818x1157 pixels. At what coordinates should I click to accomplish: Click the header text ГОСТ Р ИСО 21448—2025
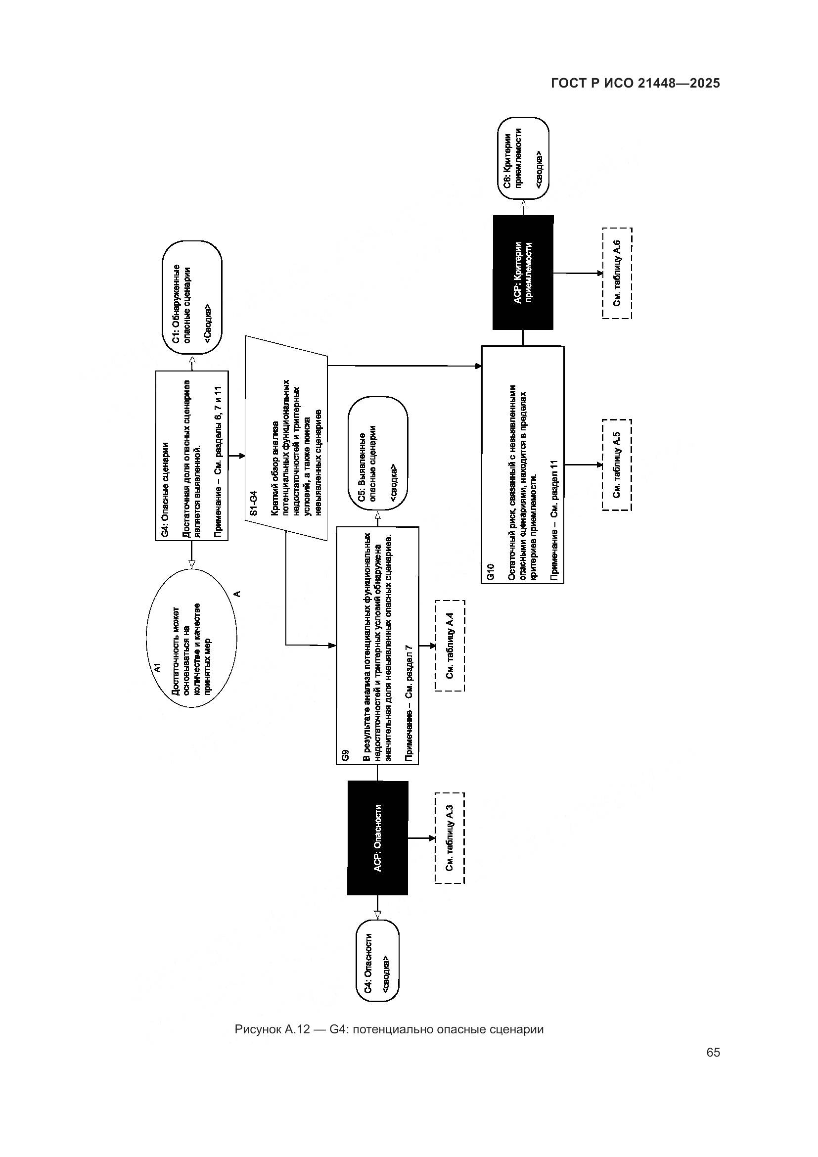(635, 84)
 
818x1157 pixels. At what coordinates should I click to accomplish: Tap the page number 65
(713, 1052)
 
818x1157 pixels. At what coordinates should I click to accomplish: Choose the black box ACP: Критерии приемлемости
(523, 273)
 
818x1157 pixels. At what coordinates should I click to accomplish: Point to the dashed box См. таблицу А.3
(450, 838)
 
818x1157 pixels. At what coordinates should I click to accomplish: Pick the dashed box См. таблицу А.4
(450, 646)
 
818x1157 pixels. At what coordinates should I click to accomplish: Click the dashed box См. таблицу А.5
(617, 464)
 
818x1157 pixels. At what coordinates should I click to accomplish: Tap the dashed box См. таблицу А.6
(617, 273)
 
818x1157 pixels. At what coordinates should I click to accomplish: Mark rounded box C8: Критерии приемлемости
(523, 159)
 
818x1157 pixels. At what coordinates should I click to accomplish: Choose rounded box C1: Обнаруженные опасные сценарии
(192, 297)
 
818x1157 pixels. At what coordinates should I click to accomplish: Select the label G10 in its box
(491, 573)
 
